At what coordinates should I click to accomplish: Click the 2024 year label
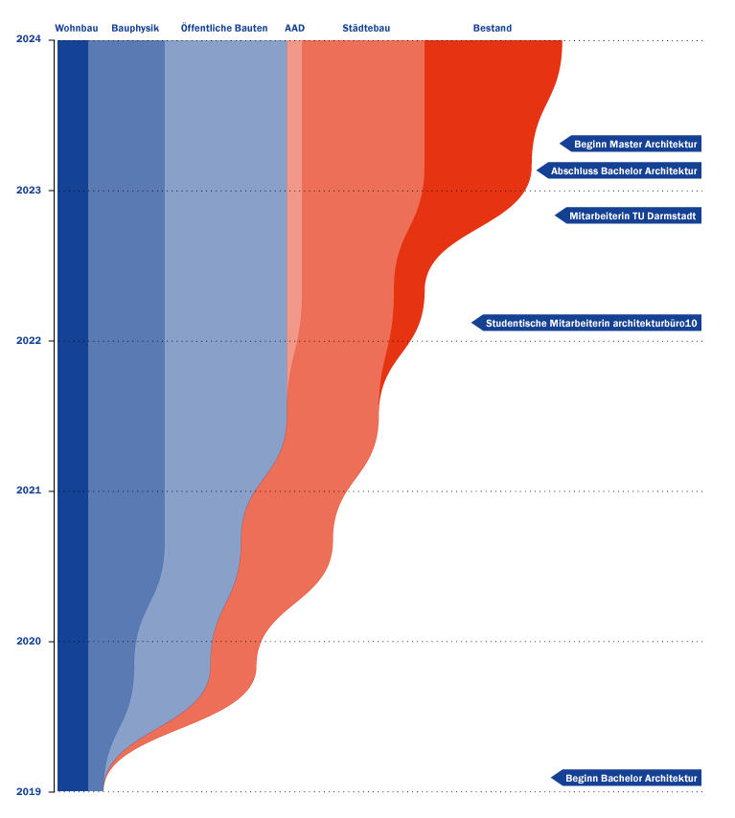[29, 39]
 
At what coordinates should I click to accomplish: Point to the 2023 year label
[29, 190]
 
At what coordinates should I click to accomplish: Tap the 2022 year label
[29, 340]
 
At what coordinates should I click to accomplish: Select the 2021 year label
[29, 490]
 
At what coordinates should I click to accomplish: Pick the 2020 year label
[29, 641]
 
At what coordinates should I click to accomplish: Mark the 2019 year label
[29, 791]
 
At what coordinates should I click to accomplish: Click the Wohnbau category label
[77, 28]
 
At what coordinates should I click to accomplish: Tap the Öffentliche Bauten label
[224, 28]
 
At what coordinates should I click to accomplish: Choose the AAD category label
[294, 28]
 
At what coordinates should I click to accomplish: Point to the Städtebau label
[366, 28]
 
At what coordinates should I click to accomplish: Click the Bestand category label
[493, 28]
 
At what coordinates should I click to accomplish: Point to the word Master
[627, 144]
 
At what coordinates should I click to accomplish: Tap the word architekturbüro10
[655, 324]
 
